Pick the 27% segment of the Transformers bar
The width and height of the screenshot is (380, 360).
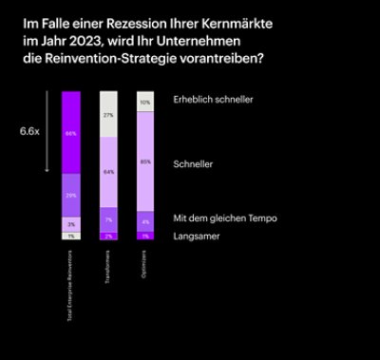pyautogui.click(x=109, y=114)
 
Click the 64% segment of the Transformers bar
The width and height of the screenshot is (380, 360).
pyautogui.click(x=109, y=172)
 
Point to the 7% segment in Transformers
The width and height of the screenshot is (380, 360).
pyautogui.click(x=109, y=219)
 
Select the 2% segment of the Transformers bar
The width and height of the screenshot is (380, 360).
pyautogui.click(x=109, y=236)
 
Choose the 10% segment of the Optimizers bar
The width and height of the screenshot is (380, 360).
pyautogui.click(x=145, y=102)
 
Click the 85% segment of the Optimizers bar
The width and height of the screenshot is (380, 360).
pyautogui.click(x=145, y=161)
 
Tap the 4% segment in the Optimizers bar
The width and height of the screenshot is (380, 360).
pyautogui.click(x=145, y=221)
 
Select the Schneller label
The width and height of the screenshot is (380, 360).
pyautogui.click(x=193, y=164)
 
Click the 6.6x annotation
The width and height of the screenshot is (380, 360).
pyautogui.click(x=30, y=132)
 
